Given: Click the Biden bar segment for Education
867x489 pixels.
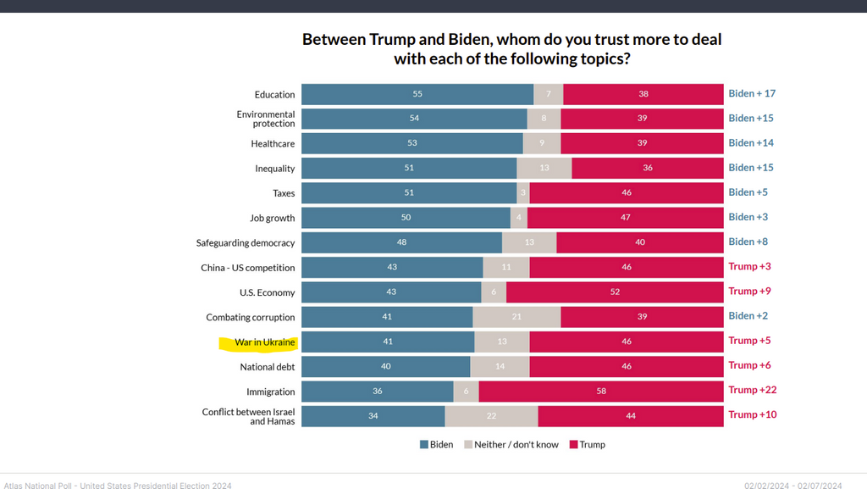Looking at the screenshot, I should pyautogui.click(x=417, y=95).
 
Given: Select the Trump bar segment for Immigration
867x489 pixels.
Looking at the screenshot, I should pyautogui.click(x=601, y=391).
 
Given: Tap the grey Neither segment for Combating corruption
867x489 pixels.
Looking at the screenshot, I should pyautogui.click(x=516, y=317).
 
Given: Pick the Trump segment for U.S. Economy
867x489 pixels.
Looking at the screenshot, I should pyautogui.click(x=614, y=292).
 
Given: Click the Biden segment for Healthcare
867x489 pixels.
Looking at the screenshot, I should pyautogui.click(x=411, y=144).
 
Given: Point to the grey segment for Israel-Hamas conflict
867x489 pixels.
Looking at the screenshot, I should pyautogui.click(x=491, y=416).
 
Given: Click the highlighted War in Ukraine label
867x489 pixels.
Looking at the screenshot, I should pyautogui.click(x=265, y=342).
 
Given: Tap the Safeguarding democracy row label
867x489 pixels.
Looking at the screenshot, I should pyautogui.click(x=246, y=243).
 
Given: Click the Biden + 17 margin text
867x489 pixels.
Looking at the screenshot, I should pyautogui.click(x=752, y=94).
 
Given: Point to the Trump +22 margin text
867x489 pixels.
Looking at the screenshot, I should pyautogui.click(x=753, y=390).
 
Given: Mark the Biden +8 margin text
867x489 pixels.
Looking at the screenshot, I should pyautogui.click(x=749, y=242).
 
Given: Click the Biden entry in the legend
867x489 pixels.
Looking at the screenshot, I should pyautogui.click(x=437, y=445).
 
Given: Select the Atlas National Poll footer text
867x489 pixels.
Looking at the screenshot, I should pyautogui.click(x=116, y=486).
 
